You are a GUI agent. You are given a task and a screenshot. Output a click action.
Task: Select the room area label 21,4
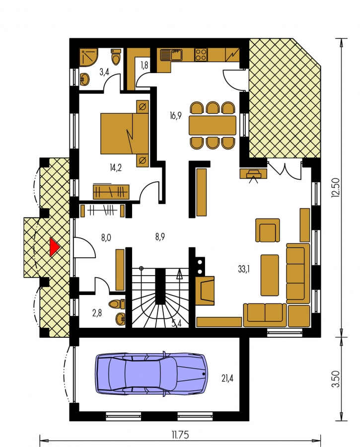(x=227, y=378)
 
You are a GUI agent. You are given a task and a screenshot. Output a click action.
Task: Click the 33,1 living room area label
(x=244, y=269)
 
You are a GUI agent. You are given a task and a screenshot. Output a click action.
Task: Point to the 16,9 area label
(x=175, y=116)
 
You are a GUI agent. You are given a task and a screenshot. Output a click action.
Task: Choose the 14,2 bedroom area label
(x=115, y=168)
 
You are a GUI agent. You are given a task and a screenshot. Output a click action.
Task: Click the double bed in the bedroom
(x=125, y=134)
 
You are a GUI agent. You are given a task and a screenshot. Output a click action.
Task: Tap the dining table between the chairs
(x=213, y=125)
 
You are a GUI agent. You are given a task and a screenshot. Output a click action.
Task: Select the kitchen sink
(x=171, y=55)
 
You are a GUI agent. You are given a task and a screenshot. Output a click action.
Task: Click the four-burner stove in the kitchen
(x=201, y=55)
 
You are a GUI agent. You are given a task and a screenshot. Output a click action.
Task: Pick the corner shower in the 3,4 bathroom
(x=88, y=57)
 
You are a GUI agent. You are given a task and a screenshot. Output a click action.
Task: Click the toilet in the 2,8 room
(x=117, y=304)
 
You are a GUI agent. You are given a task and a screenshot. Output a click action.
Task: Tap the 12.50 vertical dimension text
(x=336, y=187)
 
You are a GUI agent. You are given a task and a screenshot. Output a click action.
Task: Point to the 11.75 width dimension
(x=180, y=435)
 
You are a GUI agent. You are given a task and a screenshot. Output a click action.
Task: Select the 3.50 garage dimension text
(x=336, y=378)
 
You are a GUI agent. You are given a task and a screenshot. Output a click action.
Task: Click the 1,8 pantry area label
(x=144, y=65)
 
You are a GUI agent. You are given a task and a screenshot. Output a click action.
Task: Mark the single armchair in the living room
(x=267, y=230)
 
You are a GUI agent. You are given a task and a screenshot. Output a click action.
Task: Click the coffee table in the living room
(x=270, y=275)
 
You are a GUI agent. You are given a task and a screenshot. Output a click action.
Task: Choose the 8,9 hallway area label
(x=160, y=237)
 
